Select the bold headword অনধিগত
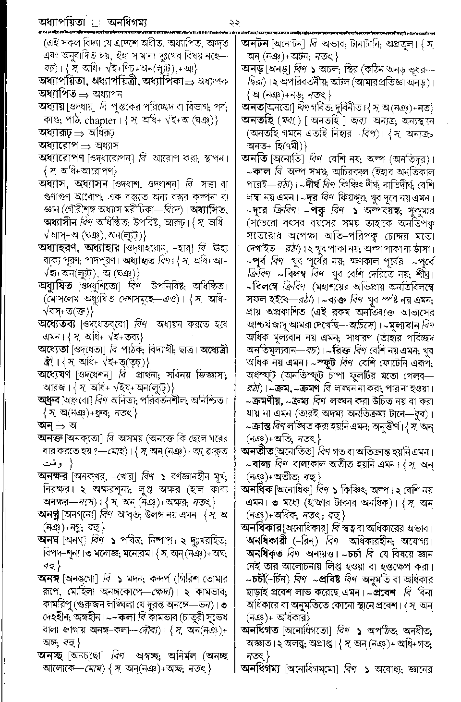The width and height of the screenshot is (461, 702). (261, 629)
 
